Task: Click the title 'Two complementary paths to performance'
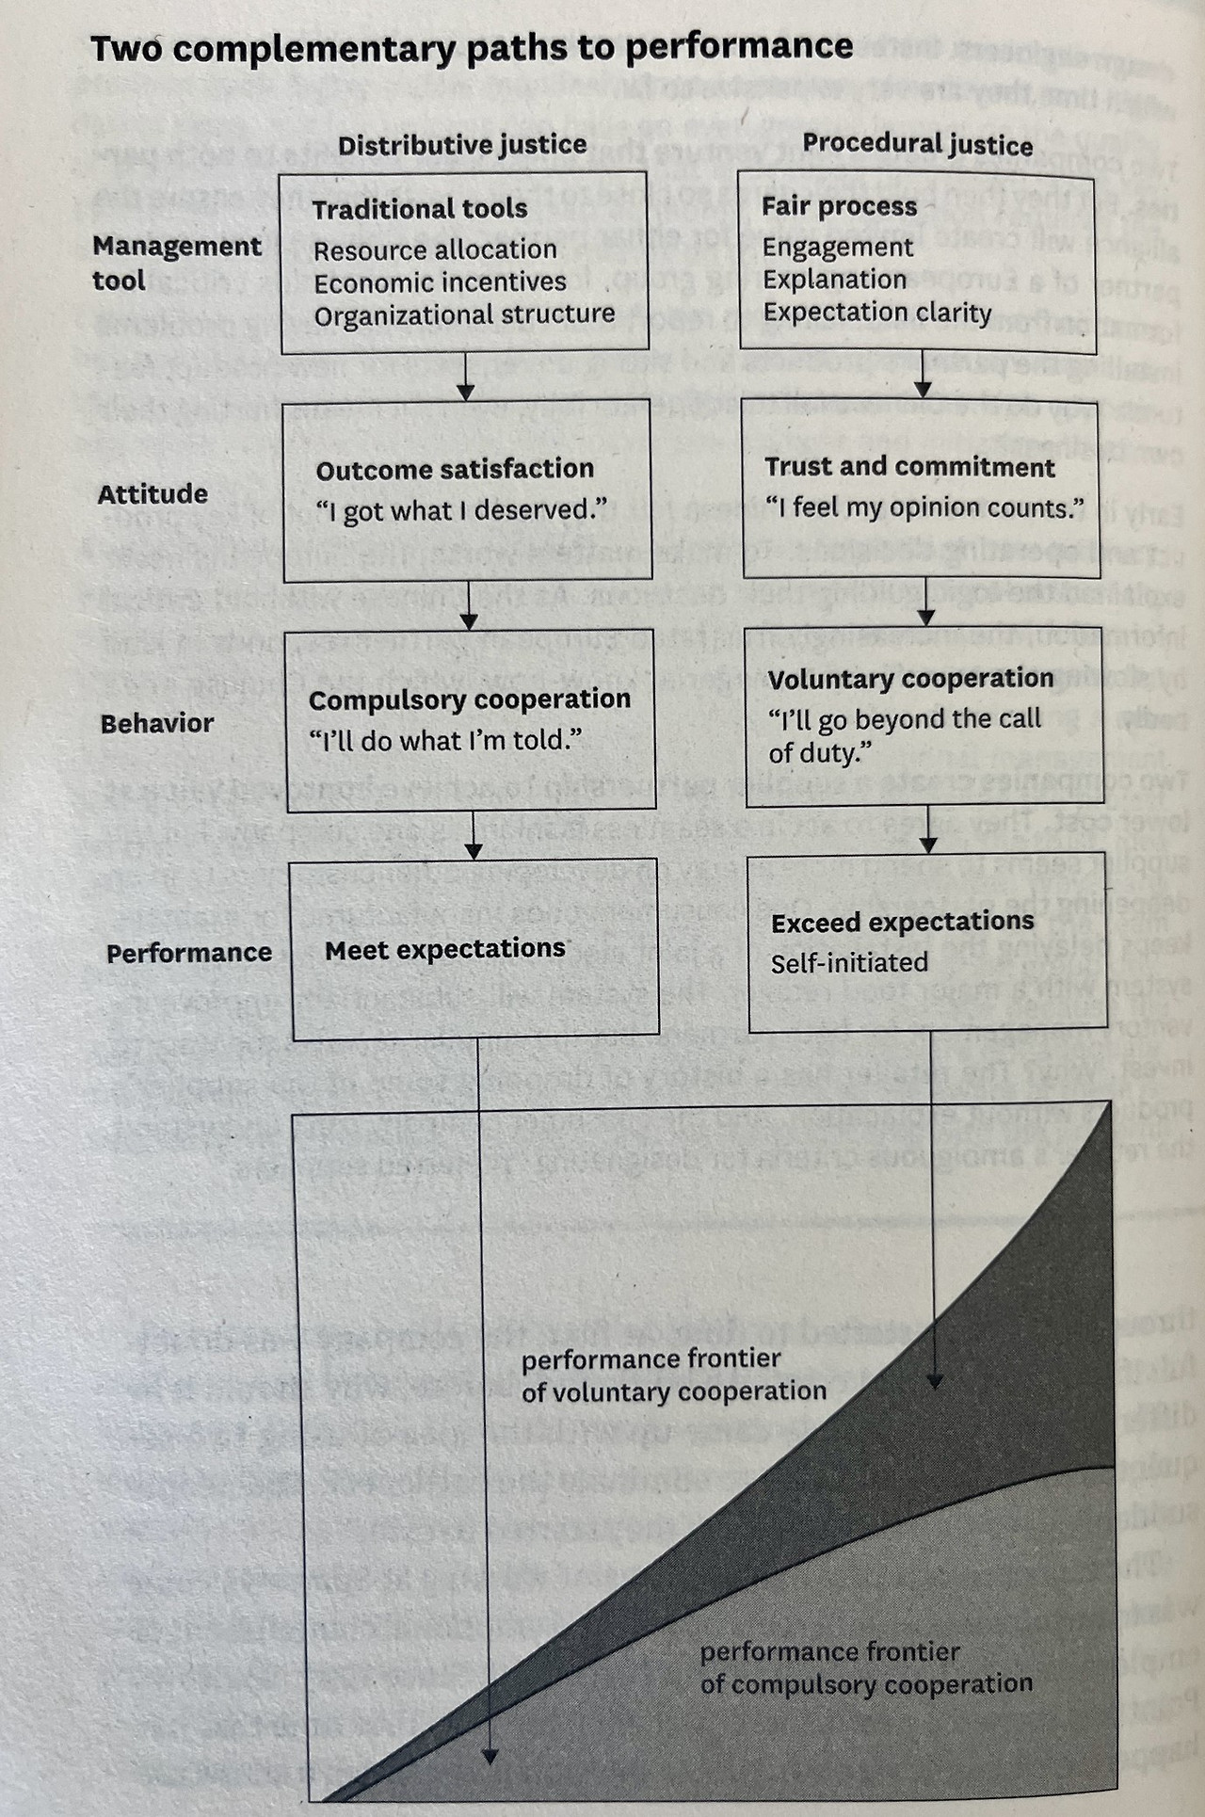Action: tap(471, 47)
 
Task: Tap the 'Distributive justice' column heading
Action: tap(462, 145)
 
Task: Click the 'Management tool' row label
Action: tap(176, 263)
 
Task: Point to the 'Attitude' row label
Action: tap(153, 493)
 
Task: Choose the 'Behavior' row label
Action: tap(157, 723)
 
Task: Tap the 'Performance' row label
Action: tap(188, 953)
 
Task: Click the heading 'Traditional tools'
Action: tap(420, 208)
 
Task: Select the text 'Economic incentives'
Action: tap(440, 282)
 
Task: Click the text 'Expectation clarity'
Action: tap(877, 312)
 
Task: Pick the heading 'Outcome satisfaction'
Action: tap(455, 469)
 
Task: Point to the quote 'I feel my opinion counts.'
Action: tap(924, 508)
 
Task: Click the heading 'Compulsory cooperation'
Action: tap(470, 699)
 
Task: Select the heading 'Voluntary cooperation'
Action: tap(910, 679)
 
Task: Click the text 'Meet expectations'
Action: tap(445, 949)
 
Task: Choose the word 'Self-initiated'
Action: tap(849, 962)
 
